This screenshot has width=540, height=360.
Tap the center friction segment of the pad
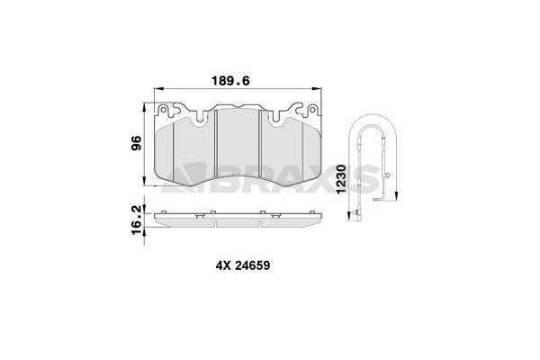click(x=238, y=148)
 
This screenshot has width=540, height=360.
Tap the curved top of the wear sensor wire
click(x=372, y=123)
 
